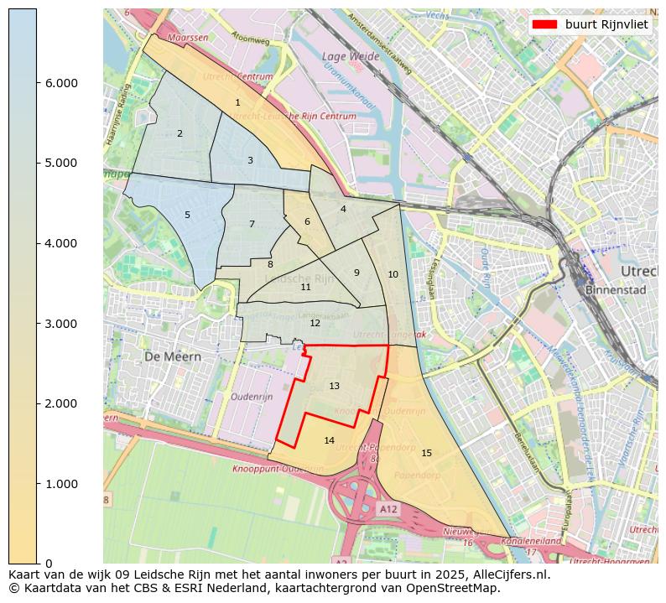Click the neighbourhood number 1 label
[x=237, y=102]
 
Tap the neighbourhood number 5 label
[x=187, y=215]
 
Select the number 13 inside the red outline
[x=334, y=386]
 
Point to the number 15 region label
[x=426, y=453]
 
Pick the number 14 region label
[x=329, y=440]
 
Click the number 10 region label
[x=393, y=274]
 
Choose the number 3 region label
[x=250, y=160]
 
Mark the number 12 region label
[x=315, y=323]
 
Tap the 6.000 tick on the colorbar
[x=56, y=83]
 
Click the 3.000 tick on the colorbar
[x=56, y=324]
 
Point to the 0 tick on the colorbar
[x=48, y=564]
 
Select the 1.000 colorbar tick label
[x=56, y=484]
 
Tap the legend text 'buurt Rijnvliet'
[x=606, y=24]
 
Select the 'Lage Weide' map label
[x=346, y=57]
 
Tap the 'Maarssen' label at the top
[x=188, y=38]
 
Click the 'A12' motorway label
[x=388, y=509]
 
